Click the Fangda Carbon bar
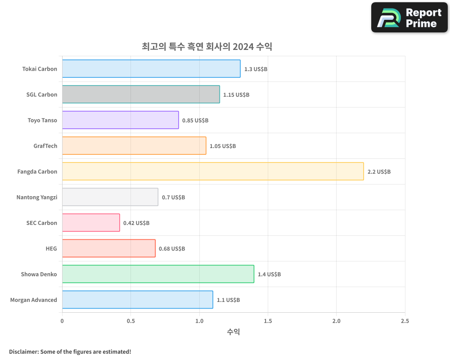(212, 171)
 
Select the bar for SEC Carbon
(91, 223)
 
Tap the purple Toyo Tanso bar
(120, 120)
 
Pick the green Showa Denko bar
(158, 274)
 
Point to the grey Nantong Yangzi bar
(110, 197)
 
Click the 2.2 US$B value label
(379, 172)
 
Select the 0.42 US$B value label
(136, 223)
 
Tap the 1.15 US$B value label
(236, 95)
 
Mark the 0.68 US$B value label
(172, 249)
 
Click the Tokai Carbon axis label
(40, 69)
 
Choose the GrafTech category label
(45, 146)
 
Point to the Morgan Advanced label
(34, 300)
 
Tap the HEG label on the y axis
(51, 248)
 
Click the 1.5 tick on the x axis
(268, 321)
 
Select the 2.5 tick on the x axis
(405, 321)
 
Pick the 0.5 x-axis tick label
(130, 321)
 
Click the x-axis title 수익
(234, 332)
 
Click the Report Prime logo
(409, 18)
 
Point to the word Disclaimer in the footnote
(23, 351)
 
